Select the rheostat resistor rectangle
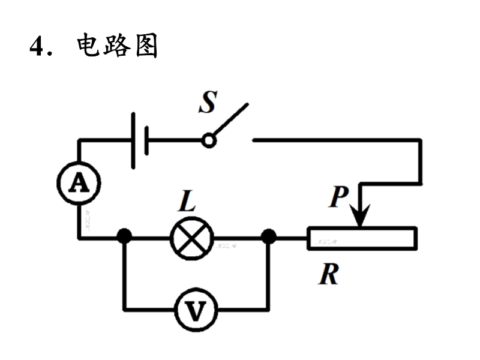[362, 238]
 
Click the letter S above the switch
[207, 103]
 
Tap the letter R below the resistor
[329, 274]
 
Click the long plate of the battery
[133, 140]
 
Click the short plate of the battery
[147, 140]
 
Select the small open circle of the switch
[208, 140]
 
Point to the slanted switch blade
[230, 121]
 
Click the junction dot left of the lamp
[124, 236]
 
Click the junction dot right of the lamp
[269, 236]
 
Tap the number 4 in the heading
[37, 46]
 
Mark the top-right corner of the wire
[421, 140]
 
